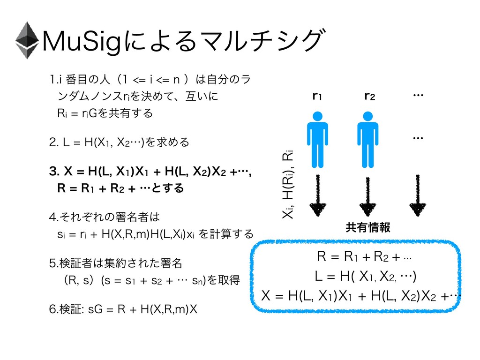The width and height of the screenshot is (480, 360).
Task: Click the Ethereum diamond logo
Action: point(28,40)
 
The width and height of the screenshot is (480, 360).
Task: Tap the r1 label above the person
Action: point(317,97)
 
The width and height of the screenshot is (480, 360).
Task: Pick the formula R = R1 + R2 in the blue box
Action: point(364,256)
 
